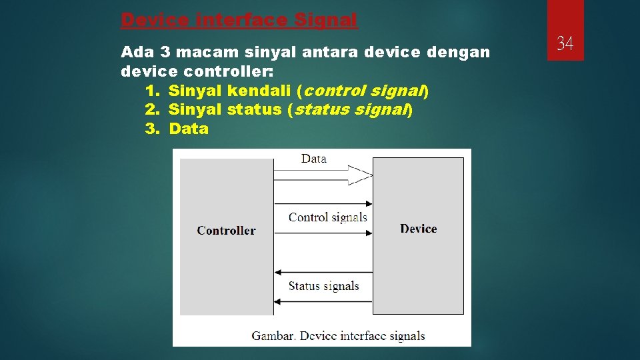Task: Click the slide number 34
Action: pyautogui.click(x=565, y=44)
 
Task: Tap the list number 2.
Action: pyautogui.click(x=151, y=109)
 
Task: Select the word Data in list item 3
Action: pyautogui.click(x=189, y=129)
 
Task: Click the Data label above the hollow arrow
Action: pyautogui.click(x=313, y=159)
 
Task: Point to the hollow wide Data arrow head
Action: pyautogui.click(x=360, y=175)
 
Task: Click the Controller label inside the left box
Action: pyautogui.click(x=226, y=231)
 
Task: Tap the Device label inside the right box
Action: pyautogui.click(x=418, y=229)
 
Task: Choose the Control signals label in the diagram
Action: pyautogui.click(x=327, y=217)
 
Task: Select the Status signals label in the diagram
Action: pyautogui.click(x=323, y=286)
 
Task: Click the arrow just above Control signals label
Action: pyautogui.click(x=323, y=203)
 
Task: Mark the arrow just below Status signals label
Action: pyautogui.click(x=323, y=301)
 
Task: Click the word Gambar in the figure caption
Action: pyautogui.click(x=272, y=336)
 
